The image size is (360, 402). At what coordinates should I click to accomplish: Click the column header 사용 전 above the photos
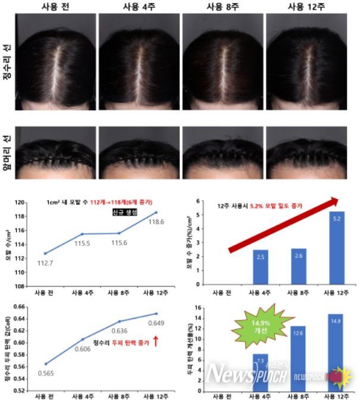[x=55, y=7]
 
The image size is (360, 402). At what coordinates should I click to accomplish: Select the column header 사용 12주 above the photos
[x=306, y=7]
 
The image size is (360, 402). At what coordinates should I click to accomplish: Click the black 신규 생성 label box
[x=124, y=213]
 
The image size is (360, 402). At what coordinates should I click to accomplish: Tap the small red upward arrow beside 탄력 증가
[x=155, y=342]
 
